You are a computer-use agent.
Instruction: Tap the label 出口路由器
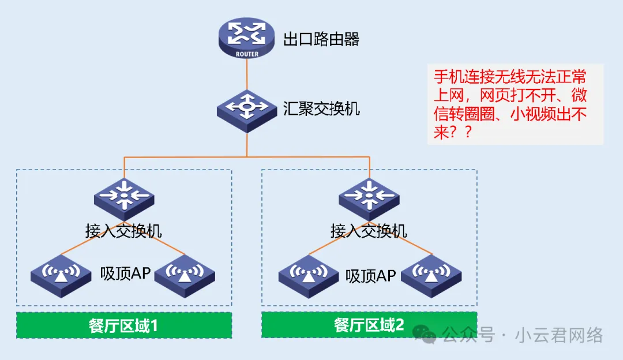click(x=321, y=40)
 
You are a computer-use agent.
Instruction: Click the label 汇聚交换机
click(x=321, y=108)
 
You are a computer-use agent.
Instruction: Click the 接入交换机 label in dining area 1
click(x=123, y=231)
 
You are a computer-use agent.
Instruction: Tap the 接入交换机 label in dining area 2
click(x=369, y=231)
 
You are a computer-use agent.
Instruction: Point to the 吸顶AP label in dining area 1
click(x=125, y=273)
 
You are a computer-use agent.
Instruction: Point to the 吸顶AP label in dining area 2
click(x=370, y=276)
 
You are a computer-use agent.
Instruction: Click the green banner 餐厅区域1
click(x=123, y=325)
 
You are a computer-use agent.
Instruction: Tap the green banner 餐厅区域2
click(x=369, y=325)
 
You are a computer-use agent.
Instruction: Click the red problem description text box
click(x=515, y=104)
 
